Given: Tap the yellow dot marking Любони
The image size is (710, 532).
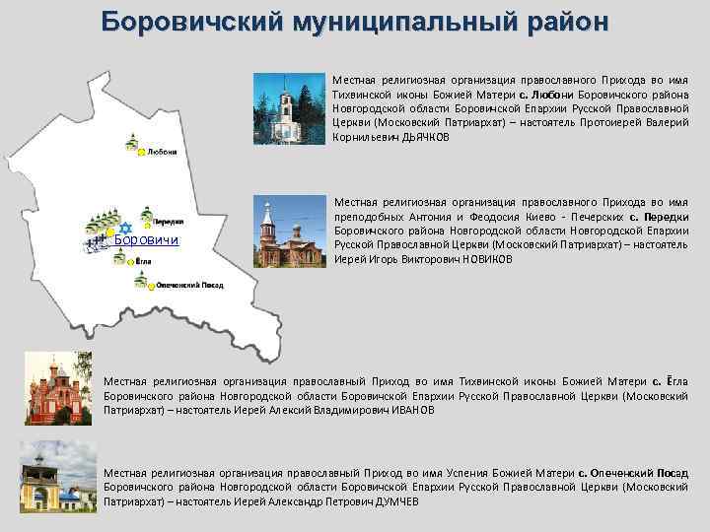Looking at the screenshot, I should click(141, 153).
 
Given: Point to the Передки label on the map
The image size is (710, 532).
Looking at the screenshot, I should click(168, 223).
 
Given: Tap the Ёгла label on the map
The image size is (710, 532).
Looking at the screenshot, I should click(142, 262).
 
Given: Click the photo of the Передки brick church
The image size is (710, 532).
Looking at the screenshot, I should click(288, 233).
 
